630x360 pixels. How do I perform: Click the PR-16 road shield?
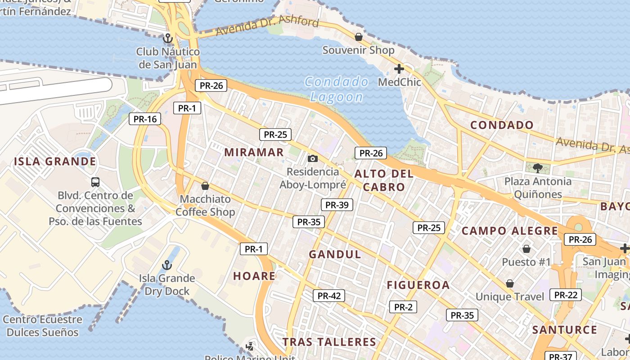(145, 119)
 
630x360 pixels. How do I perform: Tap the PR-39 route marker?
(337, 205)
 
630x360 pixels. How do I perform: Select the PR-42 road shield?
(329, 296)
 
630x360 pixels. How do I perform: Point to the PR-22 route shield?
(566, 295)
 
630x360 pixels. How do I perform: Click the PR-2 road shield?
(403, 307)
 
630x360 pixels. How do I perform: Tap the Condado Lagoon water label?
(337, 89)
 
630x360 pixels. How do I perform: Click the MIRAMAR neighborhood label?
(254, 152)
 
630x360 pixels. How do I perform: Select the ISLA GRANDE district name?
(55, 162)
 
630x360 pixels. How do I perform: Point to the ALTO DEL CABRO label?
(384, 180)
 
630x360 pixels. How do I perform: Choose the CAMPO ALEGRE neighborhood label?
(510, 231)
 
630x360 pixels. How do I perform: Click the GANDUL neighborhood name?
(335, 254)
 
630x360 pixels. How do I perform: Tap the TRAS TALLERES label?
(329, 342)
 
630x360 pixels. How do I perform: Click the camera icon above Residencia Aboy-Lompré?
(312, 158)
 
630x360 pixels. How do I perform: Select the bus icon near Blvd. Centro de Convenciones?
(95, 182)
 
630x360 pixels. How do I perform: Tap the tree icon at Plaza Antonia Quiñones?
(537, 168)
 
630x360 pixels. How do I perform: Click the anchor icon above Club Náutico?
(168, 38)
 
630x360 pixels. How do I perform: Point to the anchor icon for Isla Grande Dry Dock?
(167, 265)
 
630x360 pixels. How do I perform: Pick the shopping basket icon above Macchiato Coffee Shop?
(205, 185)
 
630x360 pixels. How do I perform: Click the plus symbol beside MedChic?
(399, 69)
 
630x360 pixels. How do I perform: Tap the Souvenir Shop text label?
(358, 50)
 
